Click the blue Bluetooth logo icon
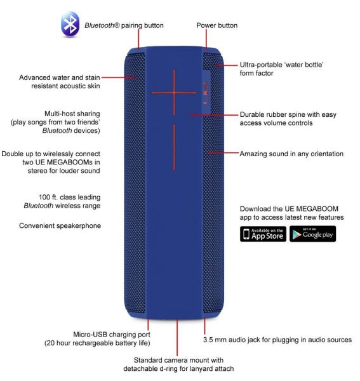tap(70, 24)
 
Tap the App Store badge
tap(263, 234)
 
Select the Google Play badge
tap(312, 234)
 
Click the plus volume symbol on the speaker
tap(174, 93)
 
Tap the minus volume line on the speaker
tap(174, 147)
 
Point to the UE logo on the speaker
tap(206, 93)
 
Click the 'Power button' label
tap(217, 25)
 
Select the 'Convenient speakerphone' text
tap(60, 225)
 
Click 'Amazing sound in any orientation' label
tap(291, 154)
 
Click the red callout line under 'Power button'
tap(206, 39)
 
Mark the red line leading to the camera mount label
tap(177, 338)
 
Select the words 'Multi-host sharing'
tap(72, 114)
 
